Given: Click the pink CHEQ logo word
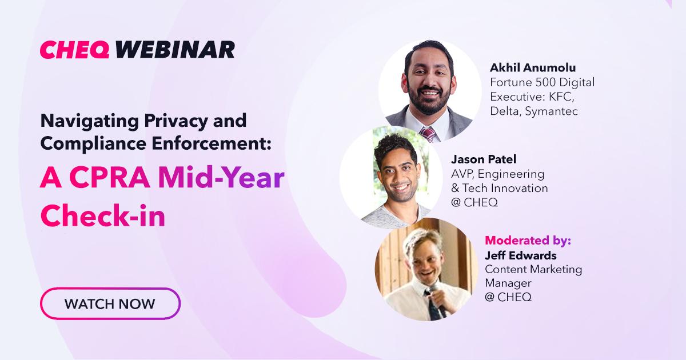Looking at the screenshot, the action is click(75, 50).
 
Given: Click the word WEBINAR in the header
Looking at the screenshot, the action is click(175, 50).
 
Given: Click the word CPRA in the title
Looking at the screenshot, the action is click(109, 178).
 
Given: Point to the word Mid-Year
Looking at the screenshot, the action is click(221, 178).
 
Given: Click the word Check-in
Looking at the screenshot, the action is click(102, 215).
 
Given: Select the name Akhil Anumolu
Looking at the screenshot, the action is click(533, 67).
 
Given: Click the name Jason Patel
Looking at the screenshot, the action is click(484, 159).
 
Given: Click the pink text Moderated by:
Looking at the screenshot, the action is click(528, 241).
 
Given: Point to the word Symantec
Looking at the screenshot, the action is click(552, 111).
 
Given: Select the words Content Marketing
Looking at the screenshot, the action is click(533, 269).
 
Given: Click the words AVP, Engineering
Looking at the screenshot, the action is click(498, 174).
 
